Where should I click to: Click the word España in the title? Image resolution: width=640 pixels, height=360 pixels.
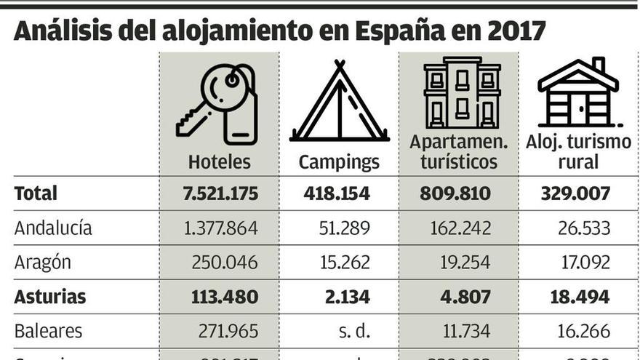(x=404, y=31)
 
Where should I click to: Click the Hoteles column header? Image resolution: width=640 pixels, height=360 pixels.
(x=219, y=161)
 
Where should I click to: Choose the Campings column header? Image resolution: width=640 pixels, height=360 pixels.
(x=339, y=161)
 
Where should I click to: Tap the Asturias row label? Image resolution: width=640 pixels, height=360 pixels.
(x=50, y=297)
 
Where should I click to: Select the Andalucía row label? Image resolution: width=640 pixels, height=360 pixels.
(x=53, y=228)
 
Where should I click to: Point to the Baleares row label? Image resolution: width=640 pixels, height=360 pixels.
(x=49, y=331)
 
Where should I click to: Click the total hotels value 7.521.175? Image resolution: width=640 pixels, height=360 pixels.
(x=220, y=193)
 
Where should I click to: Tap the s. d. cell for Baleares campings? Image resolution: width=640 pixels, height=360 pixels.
(x=354, y=331)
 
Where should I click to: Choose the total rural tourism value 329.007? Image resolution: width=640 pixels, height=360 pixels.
(x=575, y=193)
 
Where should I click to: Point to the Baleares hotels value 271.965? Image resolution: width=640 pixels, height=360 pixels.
(x=228, y=331)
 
